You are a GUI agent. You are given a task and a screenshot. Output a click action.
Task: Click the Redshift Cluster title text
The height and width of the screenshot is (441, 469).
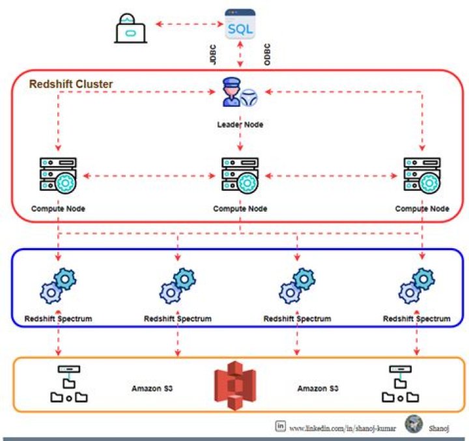71,84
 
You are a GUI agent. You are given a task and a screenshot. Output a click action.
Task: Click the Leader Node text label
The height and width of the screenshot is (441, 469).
240,124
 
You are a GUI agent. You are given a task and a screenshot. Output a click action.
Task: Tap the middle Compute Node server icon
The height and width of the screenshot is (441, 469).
240,175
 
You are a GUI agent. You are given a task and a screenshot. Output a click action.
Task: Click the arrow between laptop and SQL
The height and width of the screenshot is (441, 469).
190,25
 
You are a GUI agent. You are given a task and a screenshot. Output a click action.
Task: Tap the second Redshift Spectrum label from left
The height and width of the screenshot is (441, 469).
177,319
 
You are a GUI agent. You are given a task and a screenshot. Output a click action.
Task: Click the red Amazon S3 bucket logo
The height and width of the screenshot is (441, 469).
236,386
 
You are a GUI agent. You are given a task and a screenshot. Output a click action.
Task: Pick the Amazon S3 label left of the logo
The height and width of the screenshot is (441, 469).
152,388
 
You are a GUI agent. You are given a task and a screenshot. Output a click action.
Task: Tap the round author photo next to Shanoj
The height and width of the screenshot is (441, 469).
413,425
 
